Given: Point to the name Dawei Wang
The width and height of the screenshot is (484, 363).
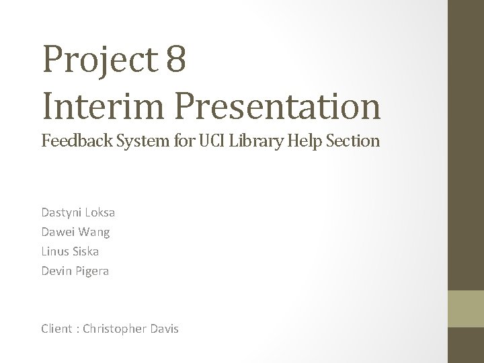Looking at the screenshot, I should (x=75, y=232).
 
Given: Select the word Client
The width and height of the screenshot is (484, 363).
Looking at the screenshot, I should (x=56, y=329).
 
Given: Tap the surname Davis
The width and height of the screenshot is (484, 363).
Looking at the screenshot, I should (x=162, y=329).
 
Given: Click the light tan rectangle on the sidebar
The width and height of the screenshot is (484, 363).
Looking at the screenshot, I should (x=466, y=309).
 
